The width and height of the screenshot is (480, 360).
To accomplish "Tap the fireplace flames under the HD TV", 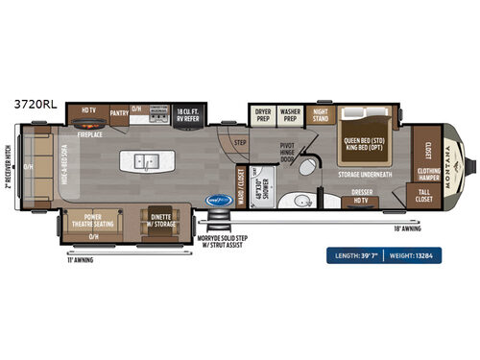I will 88,125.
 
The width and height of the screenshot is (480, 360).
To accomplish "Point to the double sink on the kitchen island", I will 148,160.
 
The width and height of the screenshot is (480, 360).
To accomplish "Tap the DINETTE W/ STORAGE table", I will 159,219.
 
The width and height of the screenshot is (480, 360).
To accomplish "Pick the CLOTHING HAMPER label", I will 429,175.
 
